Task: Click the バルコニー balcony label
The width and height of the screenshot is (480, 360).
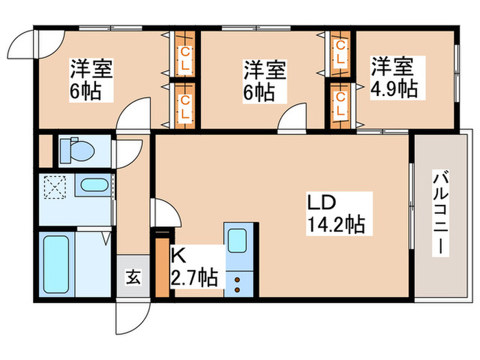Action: [440, 213]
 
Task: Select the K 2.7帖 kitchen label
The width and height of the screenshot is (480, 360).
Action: [194, 268]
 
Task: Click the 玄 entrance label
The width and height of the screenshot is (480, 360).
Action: [132, 277]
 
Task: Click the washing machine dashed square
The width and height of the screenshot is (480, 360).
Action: [56, 187]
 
